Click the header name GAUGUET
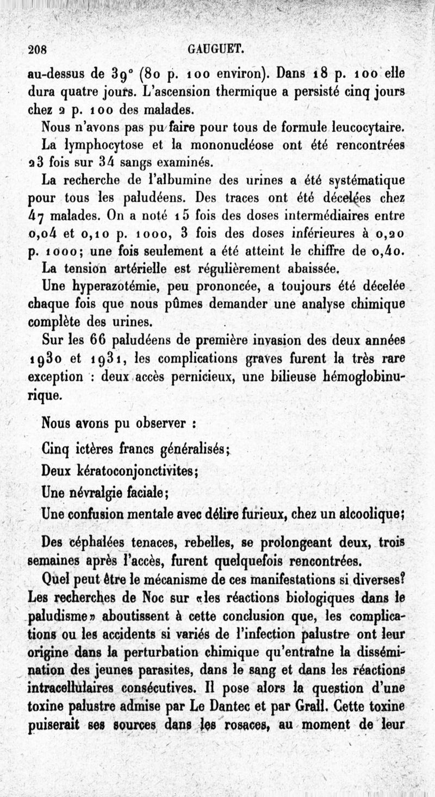click(216, 49)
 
